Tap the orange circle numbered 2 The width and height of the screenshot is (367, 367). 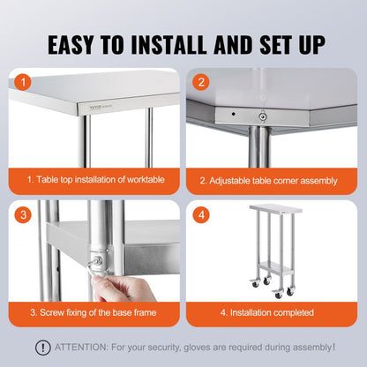(202, 82)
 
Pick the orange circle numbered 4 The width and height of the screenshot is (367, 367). (202, 214)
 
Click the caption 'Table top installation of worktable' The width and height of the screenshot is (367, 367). (97, 180)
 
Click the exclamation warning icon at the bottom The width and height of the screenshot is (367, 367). (42, 348)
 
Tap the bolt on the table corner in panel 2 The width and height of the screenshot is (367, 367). (261, 115)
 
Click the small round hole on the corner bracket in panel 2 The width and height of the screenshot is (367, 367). (232, 113)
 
